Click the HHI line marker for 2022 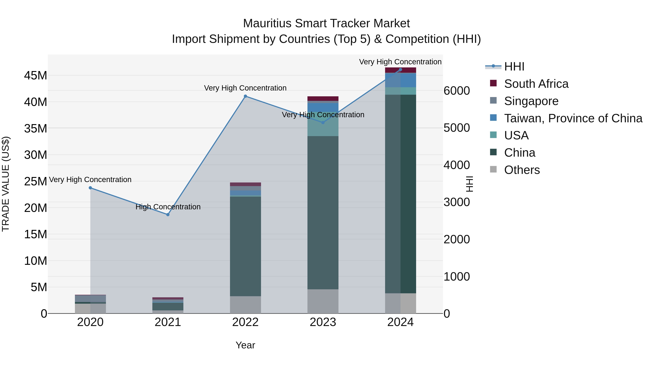pyautogui.click(x=245, y=96)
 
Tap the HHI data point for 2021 pyautogui.click(x=168, y=215)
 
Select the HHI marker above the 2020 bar pyautogui.click(x=90, y=188)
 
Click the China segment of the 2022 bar pyautogui.click(x=245, y=246)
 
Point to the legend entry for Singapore pyautogui.click(x=531, y=101)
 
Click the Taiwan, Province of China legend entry pyautogui.click(x=573, y=118)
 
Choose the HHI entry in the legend pyautogui.click(x=514, y=67)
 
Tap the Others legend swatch pyautogui.click(x=493, y=169)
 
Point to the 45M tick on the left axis pyautogui.click(x=36, y=76)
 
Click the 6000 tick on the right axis pyautogui.click(x=457, y=91)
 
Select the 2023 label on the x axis pyautogui.click(x=323, y=322)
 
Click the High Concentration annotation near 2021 pyautogui.click(x=168, y=207)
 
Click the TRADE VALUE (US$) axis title pyautogui.click(x=6, y=184)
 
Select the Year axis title pyautogui.click(x=245, y=345)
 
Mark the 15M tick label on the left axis pyautogui.click(x=36, y=234)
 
